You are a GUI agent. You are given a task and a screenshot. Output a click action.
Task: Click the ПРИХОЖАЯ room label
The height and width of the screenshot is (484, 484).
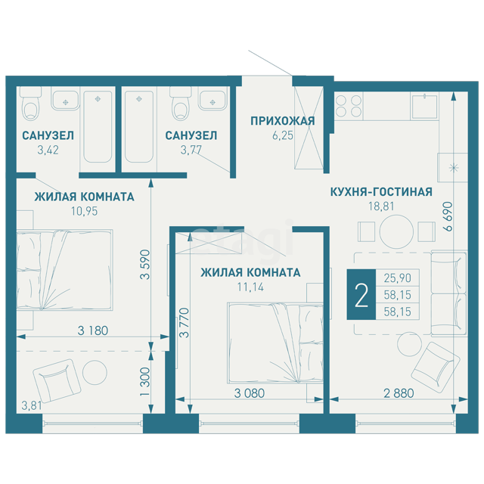(282, 121)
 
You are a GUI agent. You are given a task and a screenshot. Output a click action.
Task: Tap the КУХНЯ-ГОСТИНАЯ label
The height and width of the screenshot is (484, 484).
(381, 191)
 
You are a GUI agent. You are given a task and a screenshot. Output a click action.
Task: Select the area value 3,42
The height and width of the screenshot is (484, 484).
(48, 150)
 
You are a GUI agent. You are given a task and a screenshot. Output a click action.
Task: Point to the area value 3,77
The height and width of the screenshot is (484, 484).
(191, 150)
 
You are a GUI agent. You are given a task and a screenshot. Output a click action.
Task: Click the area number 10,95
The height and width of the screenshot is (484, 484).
(84, 211)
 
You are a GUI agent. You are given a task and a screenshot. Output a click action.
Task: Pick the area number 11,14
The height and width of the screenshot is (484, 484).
(250, 287)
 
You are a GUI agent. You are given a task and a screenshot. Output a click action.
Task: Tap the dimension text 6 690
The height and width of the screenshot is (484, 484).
(448, 216)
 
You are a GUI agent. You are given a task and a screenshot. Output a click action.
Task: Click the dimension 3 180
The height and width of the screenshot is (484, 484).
(93, 330)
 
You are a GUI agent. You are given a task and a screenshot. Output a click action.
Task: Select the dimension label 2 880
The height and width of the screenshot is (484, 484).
(399, 393)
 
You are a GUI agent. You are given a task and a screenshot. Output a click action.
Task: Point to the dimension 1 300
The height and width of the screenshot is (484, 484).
(144, 381)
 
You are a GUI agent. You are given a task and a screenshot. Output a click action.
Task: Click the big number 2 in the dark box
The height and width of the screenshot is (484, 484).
(361, 295)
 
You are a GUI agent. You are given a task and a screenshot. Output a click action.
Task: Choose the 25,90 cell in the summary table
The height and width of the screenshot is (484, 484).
(398, 278)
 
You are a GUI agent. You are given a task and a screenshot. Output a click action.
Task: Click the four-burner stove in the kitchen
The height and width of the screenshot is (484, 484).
(349, 106)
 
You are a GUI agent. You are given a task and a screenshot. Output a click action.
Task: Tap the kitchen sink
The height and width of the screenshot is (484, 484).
(424, 107)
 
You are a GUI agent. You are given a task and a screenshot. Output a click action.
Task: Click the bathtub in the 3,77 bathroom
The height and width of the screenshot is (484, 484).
(139, 127)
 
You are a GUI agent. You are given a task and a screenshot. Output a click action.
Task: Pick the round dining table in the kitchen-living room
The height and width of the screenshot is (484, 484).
(396, 232)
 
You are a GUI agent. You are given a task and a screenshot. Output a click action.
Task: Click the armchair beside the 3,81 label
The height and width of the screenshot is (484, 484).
(57, 381)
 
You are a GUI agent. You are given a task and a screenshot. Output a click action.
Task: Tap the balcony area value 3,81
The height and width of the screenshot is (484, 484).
(32, 405)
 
